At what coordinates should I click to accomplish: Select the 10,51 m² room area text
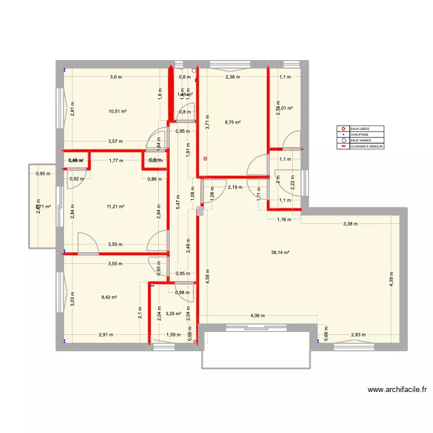(x=117, y=112)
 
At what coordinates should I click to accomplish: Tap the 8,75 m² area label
(x=233, y=122)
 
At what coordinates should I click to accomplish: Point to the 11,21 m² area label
(x=116, y=206)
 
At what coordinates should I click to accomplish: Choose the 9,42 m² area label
(x=109, y=297)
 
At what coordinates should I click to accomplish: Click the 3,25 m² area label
(x=173, y=314)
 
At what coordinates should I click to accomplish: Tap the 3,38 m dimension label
(x=351, y=224)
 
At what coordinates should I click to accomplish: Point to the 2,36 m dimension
(x=233, y=77)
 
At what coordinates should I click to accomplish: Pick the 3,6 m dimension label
(x=117, y=77)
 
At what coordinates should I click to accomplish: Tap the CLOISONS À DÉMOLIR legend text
(x=367, y=147)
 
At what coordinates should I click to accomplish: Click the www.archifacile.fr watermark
(x=397, y=390)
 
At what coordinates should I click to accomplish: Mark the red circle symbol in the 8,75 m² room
(x=204, y=159)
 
